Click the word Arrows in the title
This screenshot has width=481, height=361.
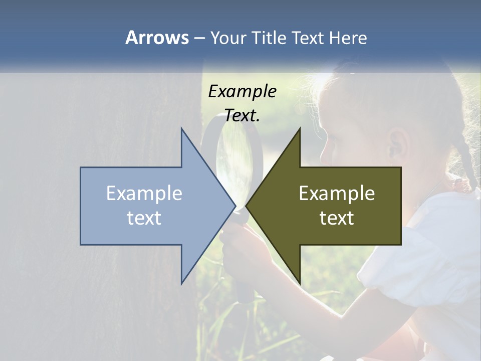(x=157, y=38)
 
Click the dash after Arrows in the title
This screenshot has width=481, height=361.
(x=199, y=39)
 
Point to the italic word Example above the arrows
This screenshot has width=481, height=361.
(x=242, y=91)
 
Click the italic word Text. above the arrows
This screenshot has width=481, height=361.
(x=242, y=115)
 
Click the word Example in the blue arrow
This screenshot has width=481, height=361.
(x=144, y=194)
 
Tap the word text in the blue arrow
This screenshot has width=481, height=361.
(x=144, y=218)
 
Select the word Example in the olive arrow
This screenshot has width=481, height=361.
(x=337, y=194)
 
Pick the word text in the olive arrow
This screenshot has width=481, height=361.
(x=337, y=218)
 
